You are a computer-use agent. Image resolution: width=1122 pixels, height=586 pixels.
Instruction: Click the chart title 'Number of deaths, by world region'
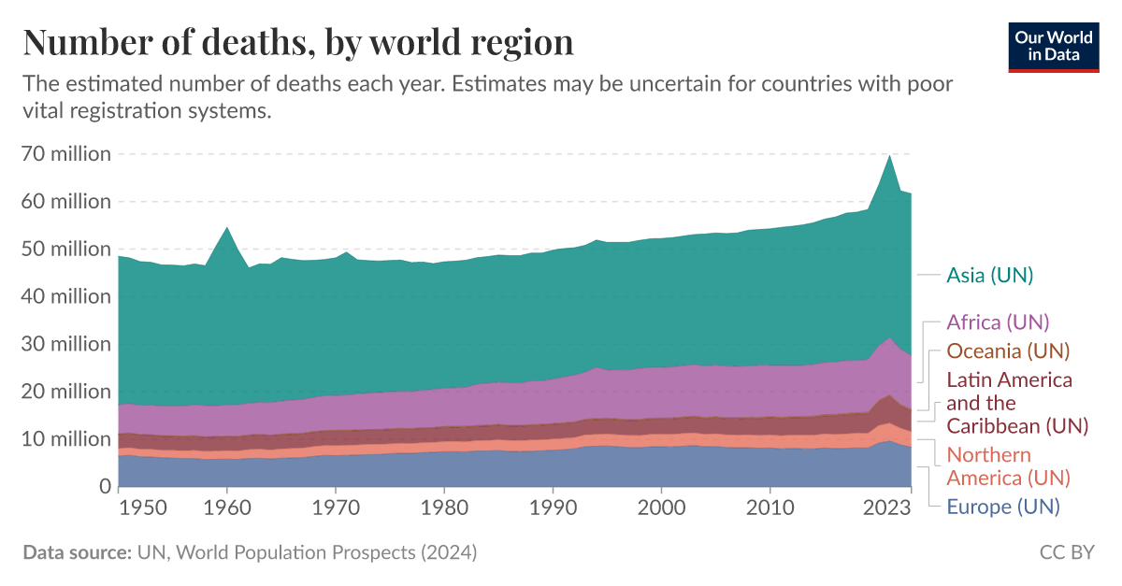click(x=298, y=42)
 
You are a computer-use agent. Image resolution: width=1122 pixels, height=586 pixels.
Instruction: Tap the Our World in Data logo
click(x=1053, y=46)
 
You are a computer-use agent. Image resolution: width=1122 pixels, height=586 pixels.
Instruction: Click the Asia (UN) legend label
click(x=989, y=275)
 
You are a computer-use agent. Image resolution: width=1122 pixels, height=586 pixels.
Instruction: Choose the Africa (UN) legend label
click(x=998, y=322)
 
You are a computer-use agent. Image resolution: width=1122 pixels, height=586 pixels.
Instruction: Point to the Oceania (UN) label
click(x=1008, y=351)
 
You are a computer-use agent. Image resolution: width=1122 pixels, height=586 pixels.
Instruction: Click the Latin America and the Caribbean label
click(x=1017, y=403)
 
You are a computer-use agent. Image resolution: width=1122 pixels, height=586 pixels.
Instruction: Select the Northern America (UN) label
click(x=1008, y=466)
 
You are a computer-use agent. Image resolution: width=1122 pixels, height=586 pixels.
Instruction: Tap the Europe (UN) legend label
click(x=1002, y=507)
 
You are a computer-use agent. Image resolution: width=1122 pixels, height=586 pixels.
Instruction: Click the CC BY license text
click(x=1066, y=552)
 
